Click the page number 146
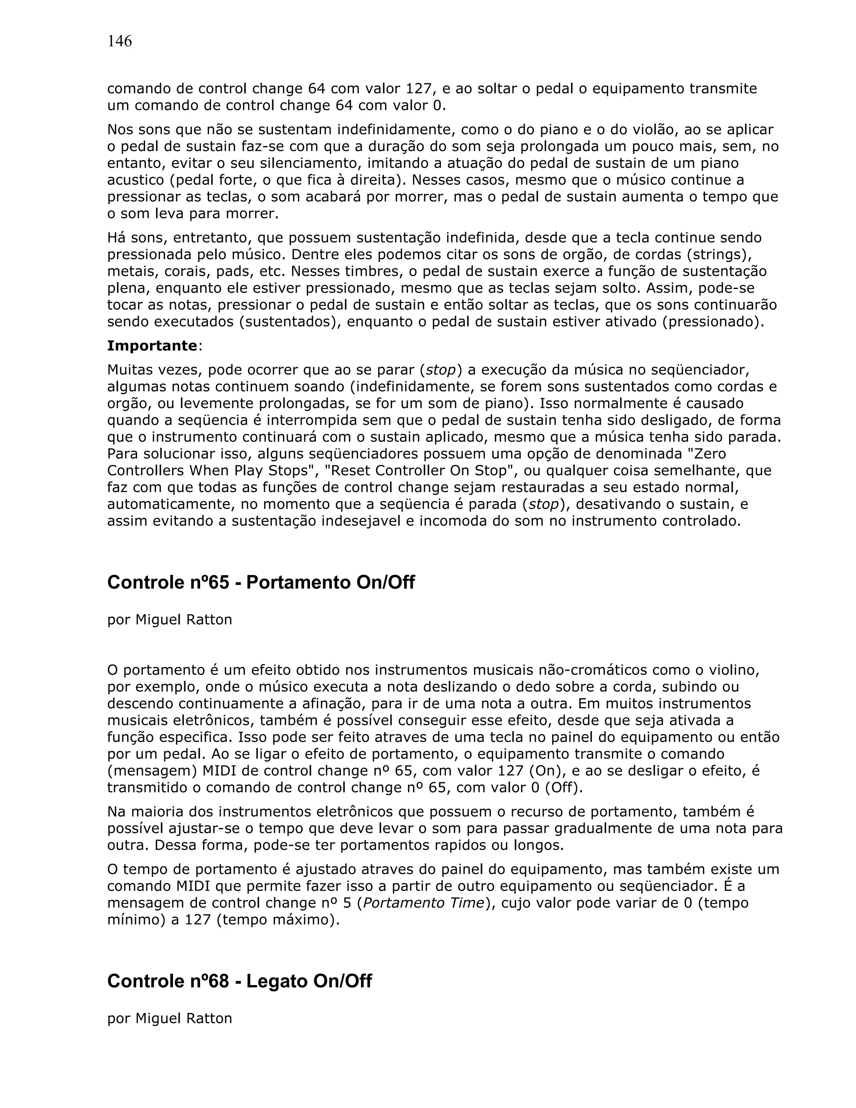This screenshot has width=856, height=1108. pyautogui.click(x=120, y=41)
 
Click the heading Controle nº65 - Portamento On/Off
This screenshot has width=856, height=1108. pyautogui.click(x=261, y=582)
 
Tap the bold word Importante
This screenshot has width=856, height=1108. pyautogui.click(x=152, y=346)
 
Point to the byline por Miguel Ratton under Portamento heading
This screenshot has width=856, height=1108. pyautogui.click(x=169, y=620)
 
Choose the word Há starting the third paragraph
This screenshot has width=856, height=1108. pyautogui.click(x=116, y=238)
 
